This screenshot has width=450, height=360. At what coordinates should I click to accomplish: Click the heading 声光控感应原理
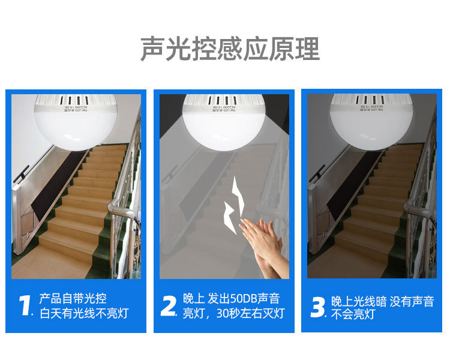click(230, 49)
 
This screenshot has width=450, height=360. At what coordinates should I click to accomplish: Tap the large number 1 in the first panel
click(25, 305)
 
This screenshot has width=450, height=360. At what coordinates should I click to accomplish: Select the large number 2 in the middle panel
click(169, 305)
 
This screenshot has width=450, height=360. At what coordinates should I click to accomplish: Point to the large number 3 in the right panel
click(317, 307)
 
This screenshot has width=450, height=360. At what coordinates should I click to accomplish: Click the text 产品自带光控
click(73, 299)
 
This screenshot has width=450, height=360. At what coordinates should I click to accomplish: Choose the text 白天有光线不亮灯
click(83, 313)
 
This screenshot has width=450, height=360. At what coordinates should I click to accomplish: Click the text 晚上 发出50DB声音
click(231, 299)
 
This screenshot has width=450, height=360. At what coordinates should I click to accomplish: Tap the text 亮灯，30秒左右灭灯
click(233, 313)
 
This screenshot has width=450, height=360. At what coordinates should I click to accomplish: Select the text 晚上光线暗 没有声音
click(382, 301)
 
